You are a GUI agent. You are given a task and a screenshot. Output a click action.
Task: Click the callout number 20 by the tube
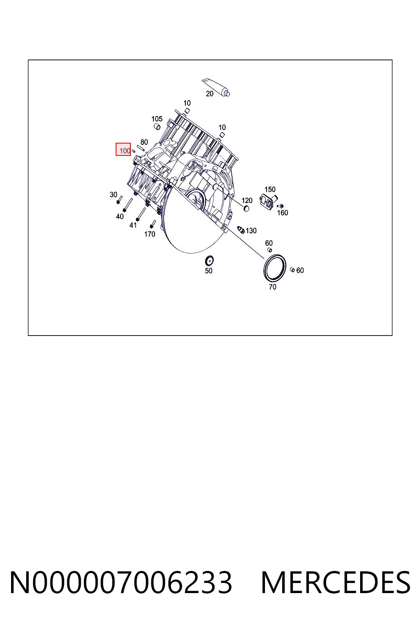[210, 94]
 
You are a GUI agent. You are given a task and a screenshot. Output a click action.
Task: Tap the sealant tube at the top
[216, 87]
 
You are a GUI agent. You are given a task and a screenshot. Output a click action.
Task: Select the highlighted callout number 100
[125, 151]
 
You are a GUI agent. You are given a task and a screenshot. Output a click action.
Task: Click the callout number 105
[157, 119]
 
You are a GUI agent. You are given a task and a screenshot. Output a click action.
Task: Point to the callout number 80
[144, 142]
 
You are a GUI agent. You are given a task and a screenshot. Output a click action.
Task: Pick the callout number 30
[113, 195]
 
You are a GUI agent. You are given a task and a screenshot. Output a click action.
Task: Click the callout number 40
[120, 216]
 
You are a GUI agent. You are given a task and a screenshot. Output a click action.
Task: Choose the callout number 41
[133, 225]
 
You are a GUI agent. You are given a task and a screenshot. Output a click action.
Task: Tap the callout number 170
[150, 234]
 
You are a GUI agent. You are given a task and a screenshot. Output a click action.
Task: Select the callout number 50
[208, 271]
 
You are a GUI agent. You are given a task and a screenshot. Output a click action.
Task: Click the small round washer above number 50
[209, 261]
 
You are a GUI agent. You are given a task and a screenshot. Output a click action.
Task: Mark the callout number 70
[273, 287]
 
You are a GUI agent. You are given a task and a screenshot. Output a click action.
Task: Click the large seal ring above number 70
[265, 267]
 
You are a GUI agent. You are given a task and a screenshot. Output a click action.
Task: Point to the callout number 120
[247, 201]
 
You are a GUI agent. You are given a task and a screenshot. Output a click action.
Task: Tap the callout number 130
[251, 231]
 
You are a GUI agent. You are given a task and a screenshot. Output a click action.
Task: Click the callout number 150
[270, 189]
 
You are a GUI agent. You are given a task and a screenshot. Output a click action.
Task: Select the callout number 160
[283, 212]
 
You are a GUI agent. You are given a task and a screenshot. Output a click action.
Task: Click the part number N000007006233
[121, 583]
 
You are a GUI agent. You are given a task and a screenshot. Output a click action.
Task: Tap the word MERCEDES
[336, 583]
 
